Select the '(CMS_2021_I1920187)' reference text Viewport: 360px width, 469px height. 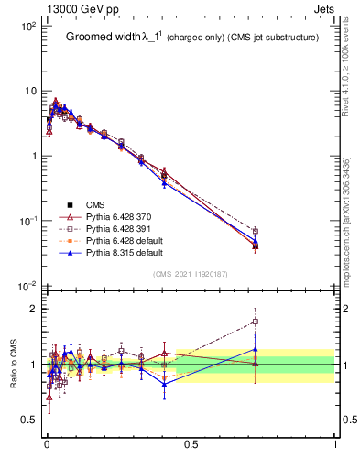pyautogui.click(x=191, y=274)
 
